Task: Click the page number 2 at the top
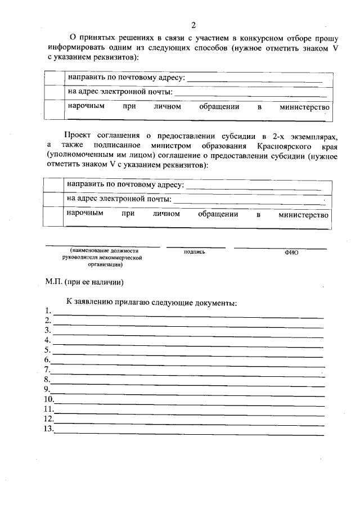coord(193,25)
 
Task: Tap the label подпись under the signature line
coord(194,252)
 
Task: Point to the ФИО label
coord(291,253)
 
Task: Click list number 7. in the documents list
coord(48,370)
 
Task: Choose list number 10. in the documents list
coord(49,399)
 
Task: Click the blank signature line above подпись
coord(195,247)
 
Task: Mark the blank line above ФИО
coord(280,248)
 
